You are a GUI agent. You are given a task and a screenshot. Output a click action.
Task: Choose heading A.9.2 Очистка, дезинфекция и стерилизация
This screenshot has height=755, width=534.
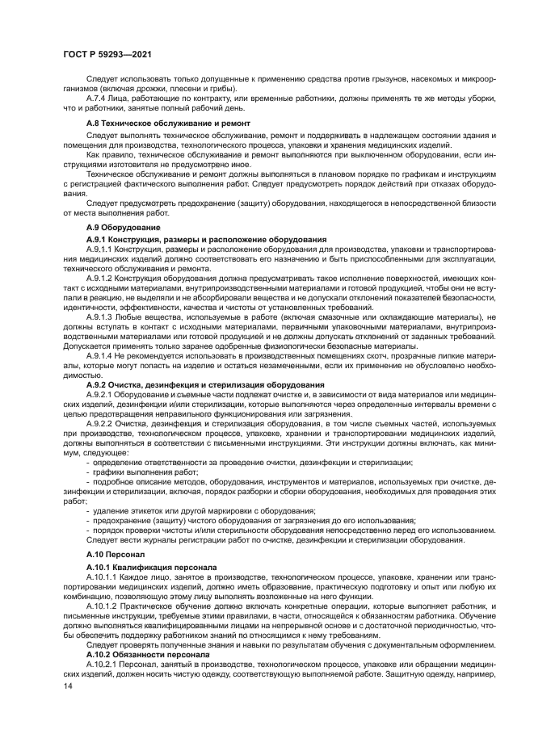205,384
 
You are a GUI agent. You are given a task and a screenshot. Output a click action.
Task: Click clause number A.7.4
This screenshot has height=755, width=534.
99,98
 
